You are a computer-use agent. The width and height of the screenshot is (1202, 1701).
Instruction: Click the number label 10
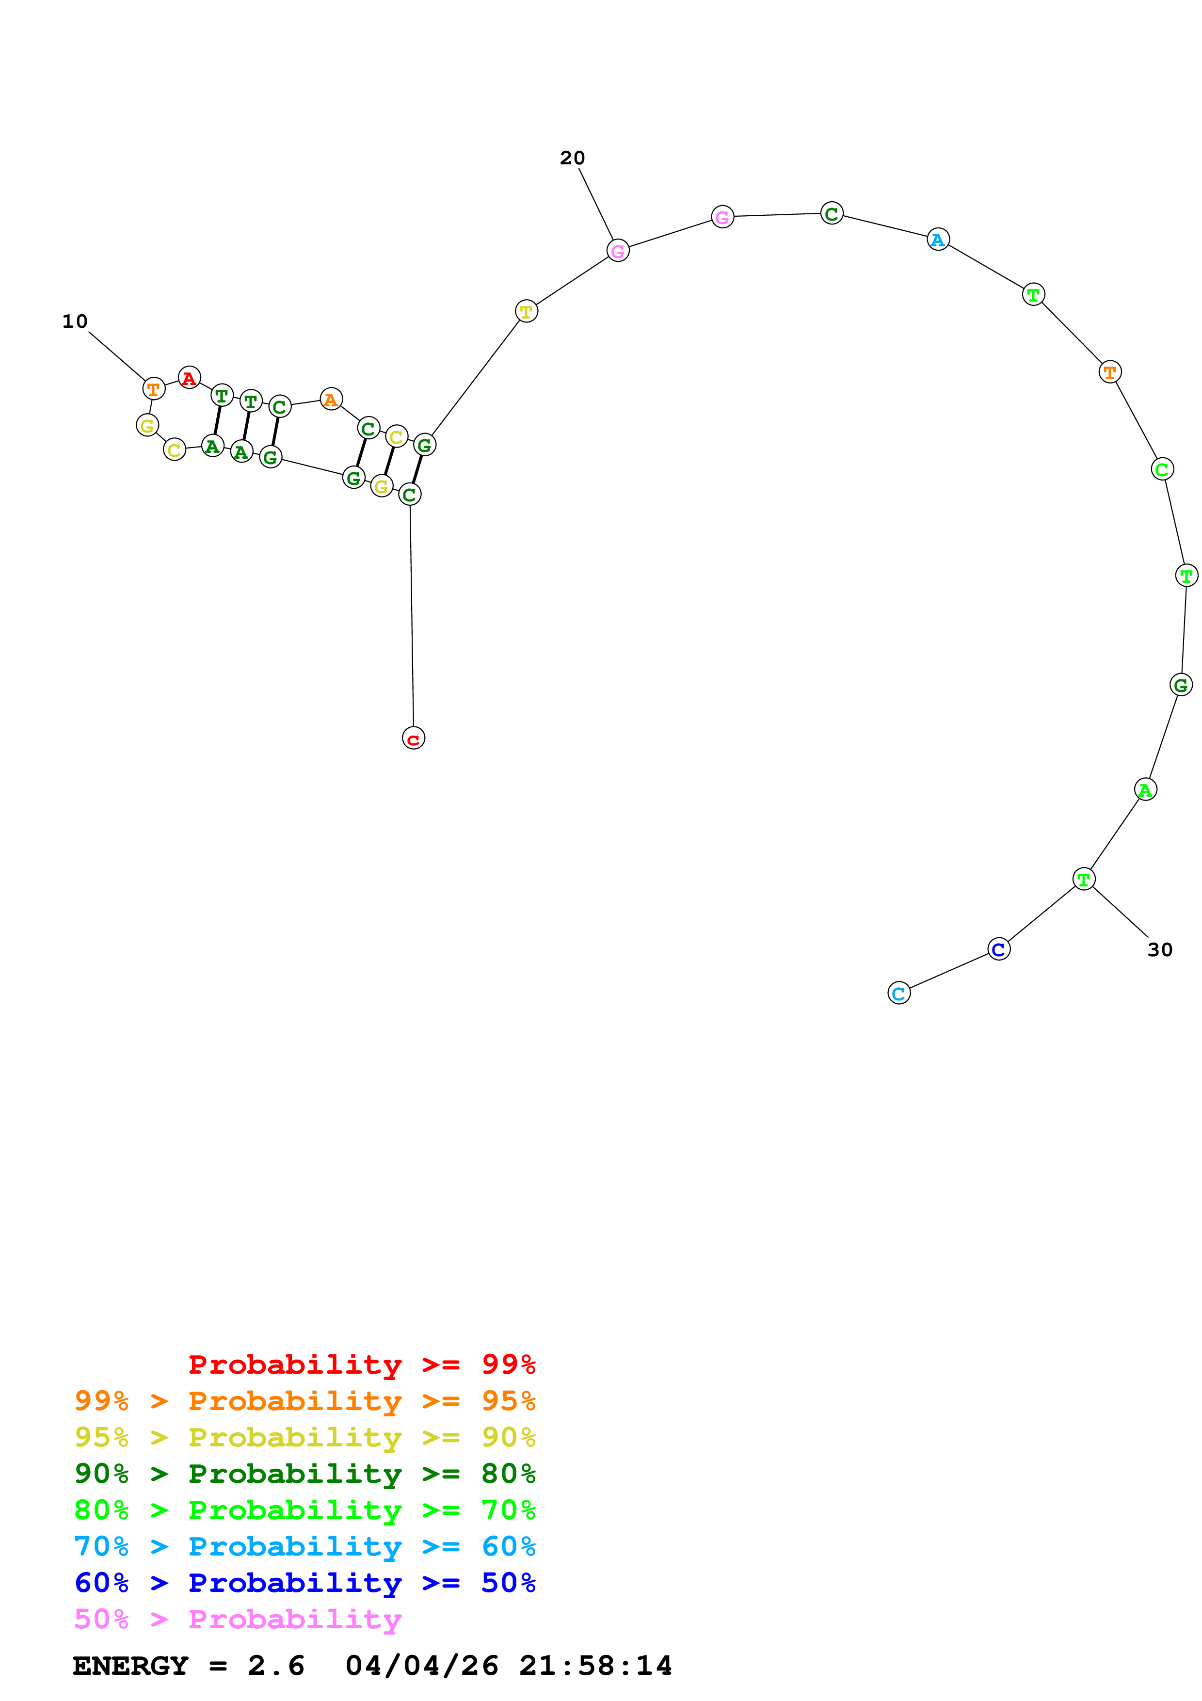pyautogui.click(x=75, y=321)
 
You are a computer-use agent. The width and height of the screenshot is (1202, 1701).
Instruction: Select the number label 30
pyautogui.click(x=1160, y=950)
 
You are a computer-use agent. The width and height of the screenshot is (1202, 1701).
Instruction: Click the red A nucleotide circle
pyautogui.click(x=190, y=378)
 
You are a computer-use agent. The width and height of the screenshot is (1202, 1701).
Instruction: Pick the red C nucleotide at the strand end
pyautogui.click(x=413, y=738)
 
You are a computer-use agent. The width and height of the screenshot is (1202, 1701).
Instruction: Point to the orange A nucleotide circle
pyautogui.click(x=331, y=400)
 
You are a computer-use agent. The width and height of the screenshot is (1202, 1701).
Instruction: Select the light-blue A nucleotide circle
pyautogui.click(x=938, y=240)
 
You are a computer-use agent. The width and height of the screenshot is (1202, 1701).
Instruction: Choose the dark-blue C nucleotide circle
pyautogui.click(x=999, y=949)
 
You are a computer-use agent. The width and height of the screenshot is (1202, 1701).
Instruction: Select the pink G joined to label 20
pyautogui.click(x=618, y=251)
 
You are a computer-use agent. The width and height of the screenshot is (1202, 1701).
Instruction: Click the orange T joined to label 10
pyautogui.click(x=153, y=389)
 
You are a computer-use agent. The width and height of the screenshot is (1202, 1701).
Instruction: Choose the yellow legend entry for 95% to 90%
pyautogui.click(x=305, y=1437)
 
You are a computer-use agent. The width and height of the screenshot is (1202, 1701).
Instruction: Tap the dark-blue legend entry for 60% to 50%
pyautogui.click(x=305, y=1583)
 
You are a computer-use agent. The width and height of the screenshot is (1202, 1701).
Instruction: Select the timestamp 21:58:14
pyautogui.click(x=595, y=1666)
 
